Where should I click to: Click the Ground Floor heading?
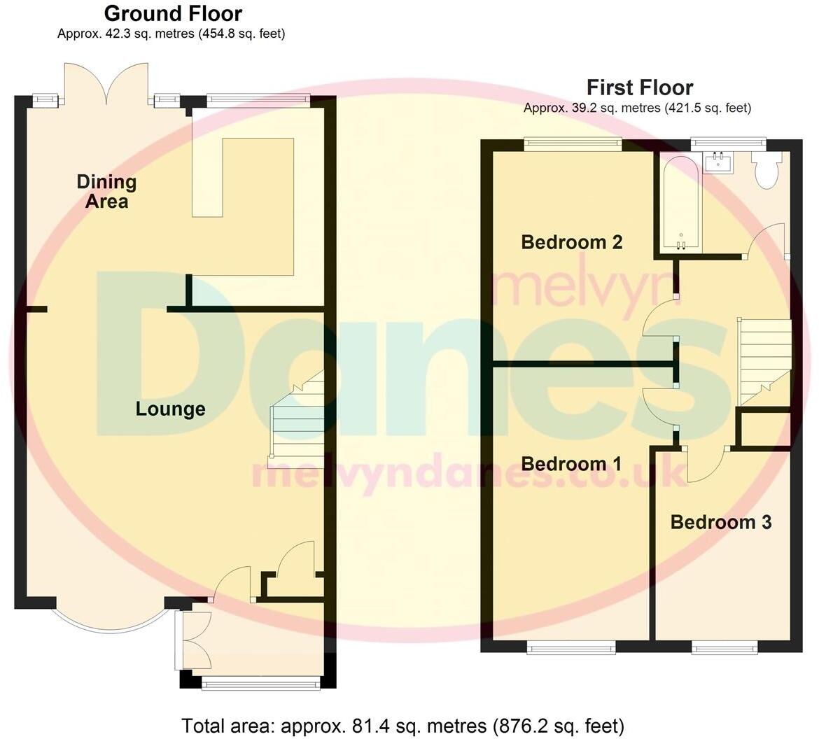[x=173, y=13]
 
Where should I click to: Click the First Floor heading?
[x=639, y=87]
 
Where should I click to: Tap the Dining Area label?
[x=107, y=192]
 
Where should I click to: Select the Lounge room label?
[x=170, y=409]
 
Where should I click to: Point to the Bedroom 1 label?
[x=571, y=464]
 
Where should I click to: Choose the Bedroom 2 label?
[x=571, y=242]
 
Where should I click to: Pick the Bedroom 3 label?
[x=720, y=522]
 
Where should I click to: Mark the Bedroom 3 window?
[x=724, y=647]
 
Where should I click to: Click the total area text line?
[x=402, y=726]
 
